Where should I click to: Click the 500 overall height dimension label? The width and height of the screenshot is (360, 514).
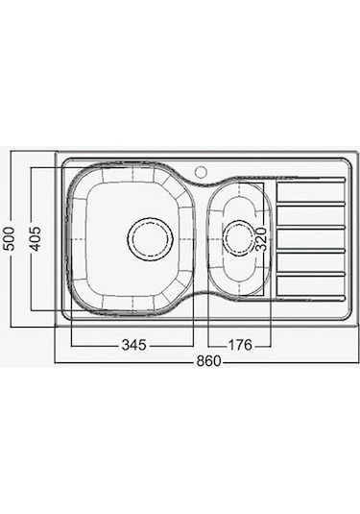9,237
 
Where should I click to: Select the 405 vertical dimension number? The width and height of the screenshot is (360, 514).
35,237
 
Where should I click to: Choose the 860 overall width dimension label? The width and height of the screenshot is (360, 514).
208,362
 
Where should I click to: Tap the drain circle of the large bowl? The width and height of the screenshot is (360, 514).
150,237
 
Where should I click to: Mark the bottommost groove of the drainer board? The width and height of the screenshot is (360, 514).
310,294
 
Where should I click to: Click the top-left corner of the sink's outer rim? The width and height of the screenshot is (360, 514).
58,153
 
